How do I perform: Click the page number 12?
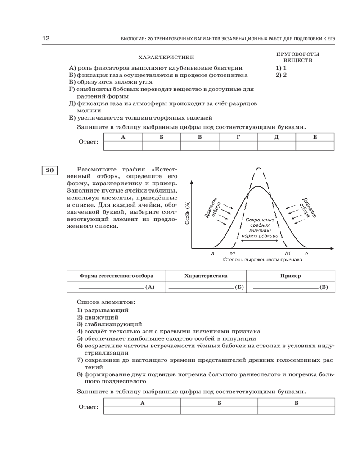[x=45, y=39]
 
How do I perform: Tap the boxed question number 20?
[x=49, y=170]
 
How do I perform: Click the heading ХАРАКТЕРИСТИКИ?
[x=166, y=57]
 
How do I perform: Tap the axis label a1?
[x=232, y=254]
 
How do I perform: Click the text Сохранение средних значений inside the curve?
[x=260, y=224]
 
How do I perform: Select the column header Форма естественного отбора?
[x=116, y=275]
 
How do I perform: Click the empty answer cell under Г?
[x=238, y=145]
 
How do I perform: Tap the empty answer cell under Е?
[x=315, y=145]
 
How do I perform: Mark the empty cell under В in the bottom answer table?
[x=296, y=410]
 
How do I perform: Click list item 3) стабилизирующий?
[x=109, y=324]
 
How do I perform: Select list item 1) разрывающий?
[x=103, y=310]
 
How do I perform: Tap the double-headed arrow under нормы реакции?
[x=260, y=241]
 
